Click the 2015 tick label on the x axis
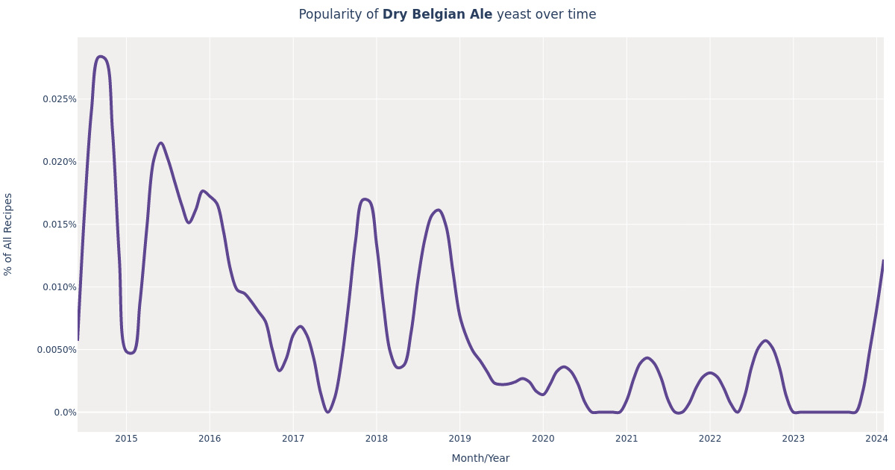(x=126, y=439)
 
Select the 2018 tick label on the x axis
(x=377, y=439)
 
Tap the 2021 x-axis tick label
(x=626, y=439)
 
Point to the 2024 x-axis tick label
(x=876, y=439)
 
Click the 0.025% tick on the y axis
(x=59, y=99)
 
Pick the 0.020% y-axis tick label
(x=59, y=162)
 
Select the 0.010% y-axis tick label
(x=59, y=287)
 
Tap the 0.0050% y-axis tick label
(x=57, y=350)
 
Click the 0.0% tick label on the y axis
(x=65, y=413)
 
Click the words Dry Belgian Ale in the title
(x=437, y=15)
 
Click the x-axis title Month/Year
(x=480, y=458)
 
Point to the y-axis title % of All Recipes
(x=9, y=234)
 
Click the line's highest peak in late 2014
(x=100, y=57)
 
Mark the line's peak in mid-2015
(x=160, y=143)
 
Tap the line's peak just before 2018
(x=364, y=199)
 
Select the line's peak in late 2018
(x=438, y=210)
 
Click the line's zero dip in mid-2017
(x=327, y=412)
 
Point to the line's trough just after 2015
(x=131, y=353)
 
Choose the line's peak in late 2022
(x=765, y=340)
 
